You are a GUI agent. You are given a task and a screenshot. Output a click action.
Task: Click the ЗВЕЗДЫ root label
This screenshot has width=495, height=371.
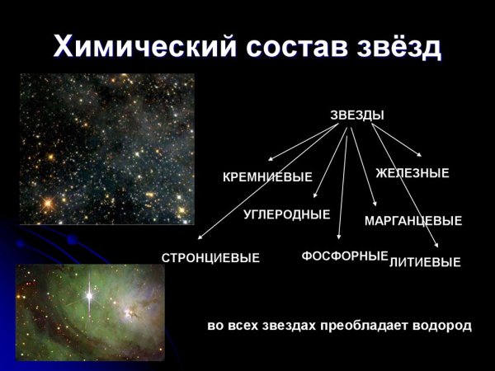357,115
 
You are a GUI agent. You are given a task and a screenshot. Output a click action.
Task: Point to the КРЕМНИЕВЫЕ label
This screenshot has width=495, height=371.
268,177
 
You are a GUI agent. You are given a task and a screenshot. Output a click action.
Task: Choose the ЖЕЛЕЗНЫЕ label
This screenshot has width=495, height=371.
412,173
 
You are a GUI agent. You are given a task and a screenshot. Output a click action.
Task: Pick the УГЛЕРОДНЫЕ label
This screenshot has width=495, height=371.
286,214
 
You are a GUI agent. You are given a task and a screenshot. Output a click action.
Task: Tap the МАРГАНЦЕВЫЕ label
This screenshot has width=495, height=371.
413,221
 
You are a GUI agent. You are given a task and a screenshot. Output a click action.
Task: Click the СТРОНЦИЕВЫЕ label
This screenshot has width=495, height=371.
210,258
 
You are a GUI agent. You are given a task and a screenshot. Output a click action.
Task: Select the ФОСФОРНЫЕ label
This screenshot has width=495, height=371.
344,256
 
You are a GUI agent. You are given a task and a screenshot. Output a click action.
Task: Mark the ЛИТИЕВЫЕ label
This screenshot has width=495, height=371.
425,263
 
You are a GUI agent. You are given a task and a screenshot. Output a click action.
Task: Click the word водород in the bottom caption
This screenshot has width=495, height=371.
445,326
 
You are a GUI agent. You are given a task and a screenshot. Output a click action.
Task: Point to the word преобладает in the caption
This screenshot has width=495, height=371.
373,326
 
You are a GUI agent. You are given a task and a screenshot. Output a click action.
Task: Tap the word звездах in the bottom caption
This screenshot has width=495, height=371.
297,326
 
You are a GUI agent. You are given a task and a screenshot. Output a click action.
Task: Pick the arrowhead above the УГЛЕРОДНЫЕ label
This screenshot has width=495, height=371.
316,195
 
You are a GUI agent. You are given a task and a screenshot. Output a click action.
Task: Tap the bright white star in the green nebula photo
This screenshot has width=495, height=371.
88,294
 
